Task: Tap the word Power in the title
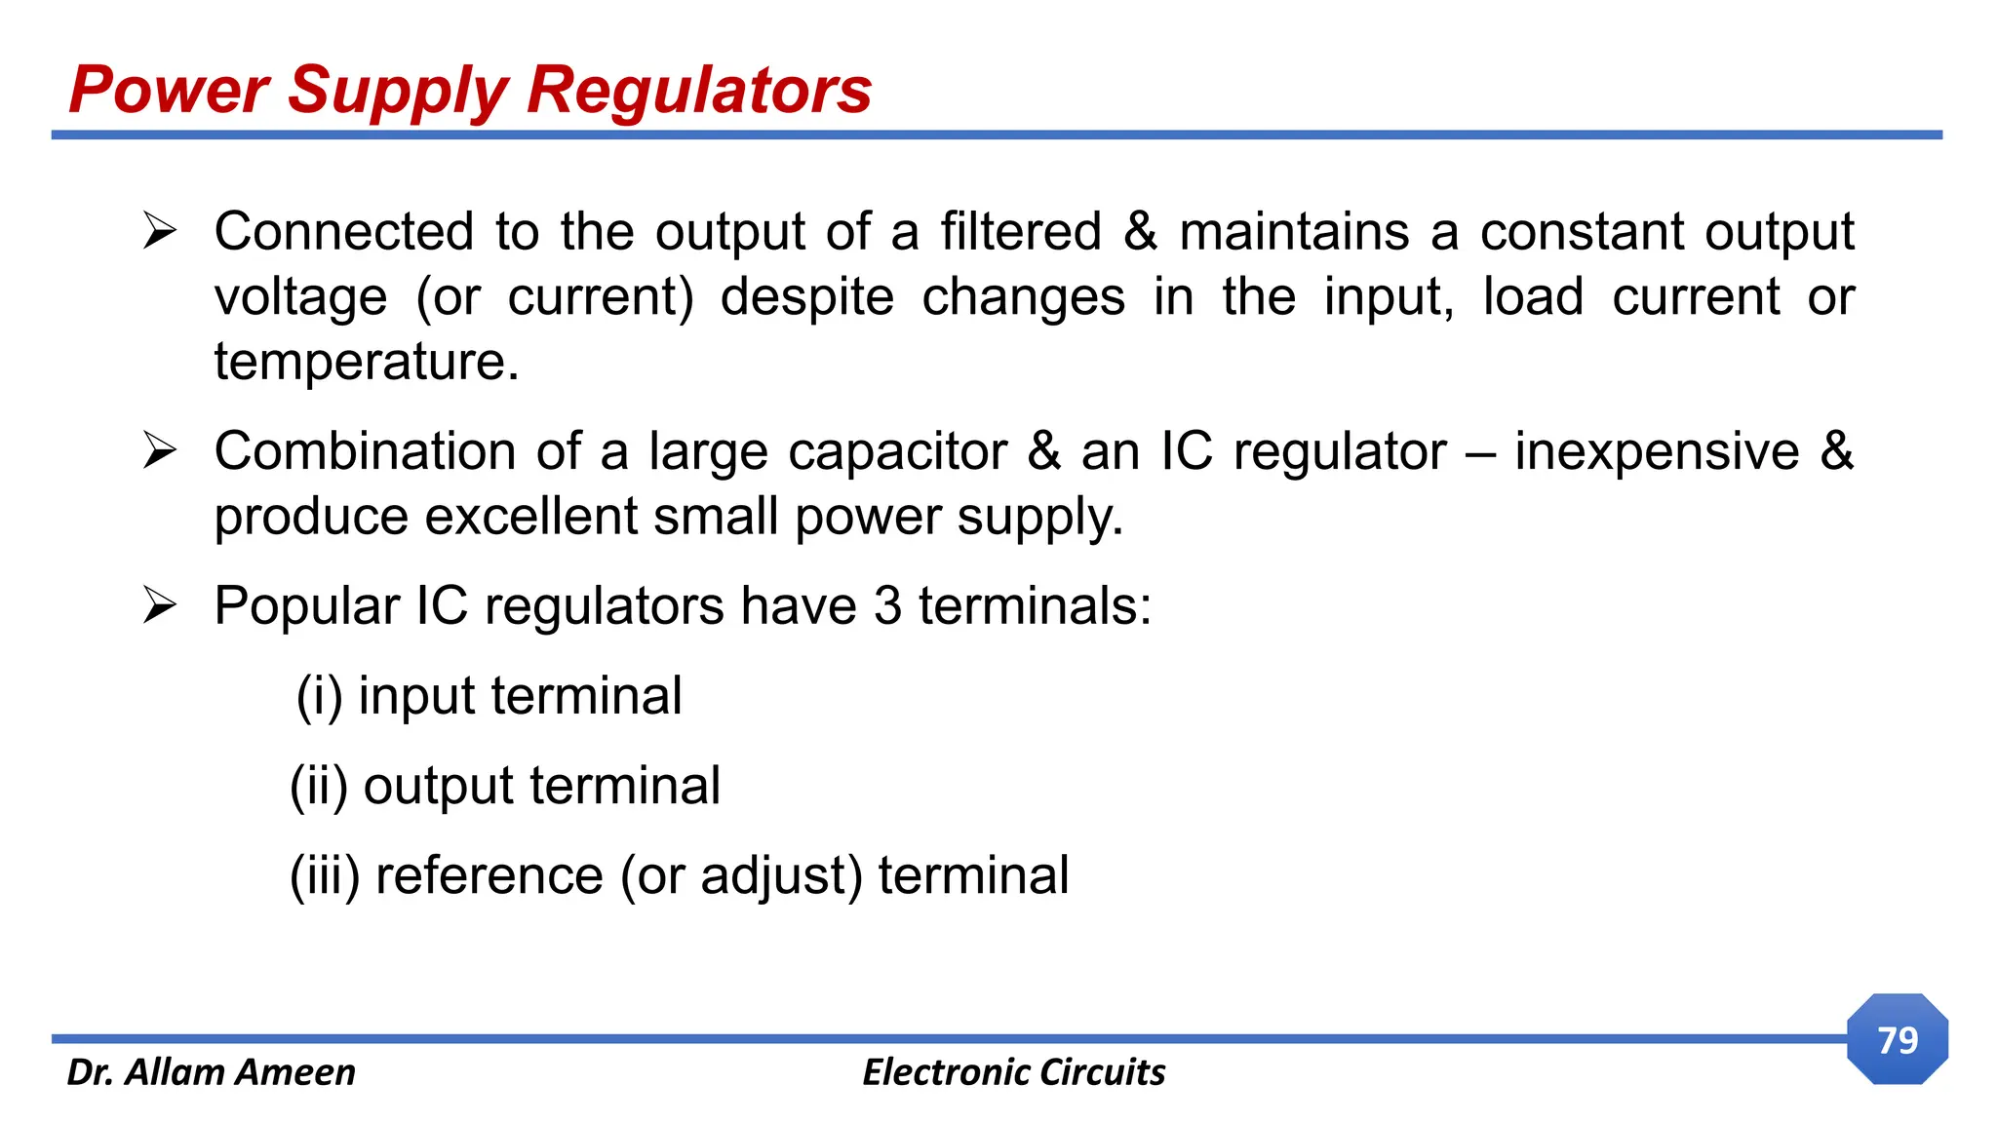168,91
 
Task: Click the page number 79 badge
1897,1040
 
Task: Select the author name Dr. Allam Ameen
211,1072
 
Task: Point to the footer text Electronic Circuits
1013,1072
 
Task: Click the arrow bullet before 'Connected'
159,231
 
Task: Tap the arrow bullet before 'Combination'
159,450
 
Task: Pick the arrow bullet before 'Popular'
159,605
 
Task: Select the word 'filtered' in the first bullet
1020,232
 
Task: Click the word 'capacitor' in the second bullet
897,452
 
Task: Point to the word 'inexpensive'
1656,452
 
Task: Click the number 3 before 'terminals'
887,606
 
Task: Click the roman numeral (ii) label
319,787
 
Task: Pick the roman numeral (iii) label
325,875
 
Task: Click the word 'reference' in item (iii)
489,875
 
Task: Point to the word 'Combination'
365,452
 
